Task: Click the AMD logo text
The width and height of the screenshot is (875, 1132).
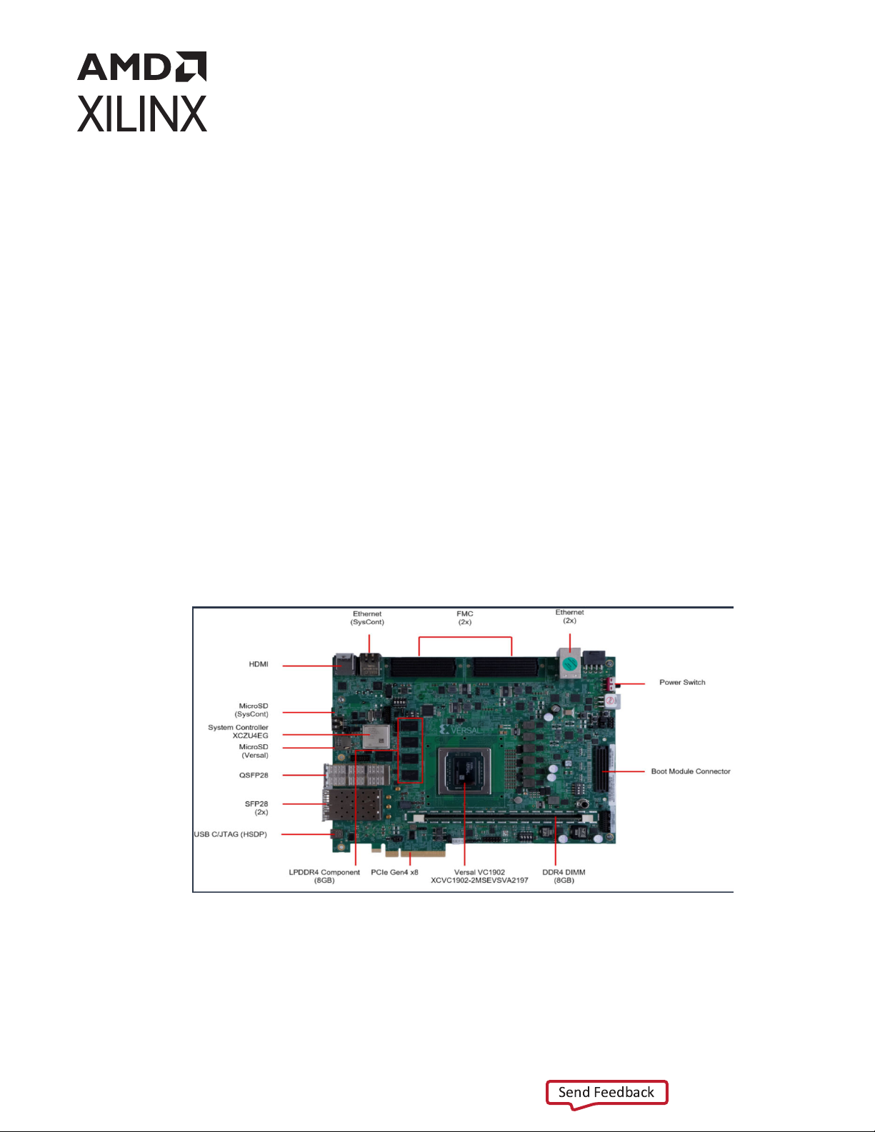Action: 141,66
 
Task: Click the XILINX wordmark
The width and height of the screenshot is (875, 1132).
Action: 141,114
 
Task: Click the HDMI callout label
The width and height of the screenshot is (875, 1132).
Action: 259,664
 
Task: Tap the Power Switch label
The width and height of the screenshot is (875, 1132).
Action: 682,683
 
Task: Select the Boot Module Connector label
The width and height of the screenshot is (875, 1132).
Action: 691,771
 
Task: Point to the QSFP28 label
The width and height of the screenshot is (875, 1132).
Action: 254,775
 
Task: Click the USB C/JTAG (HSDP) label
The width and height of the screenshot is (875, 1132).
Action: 230,834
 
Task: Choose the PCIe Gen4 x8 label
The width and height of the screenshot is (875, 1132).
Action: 394,872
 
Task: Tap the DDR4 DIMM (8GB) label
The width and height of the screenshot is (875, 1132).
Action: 564,876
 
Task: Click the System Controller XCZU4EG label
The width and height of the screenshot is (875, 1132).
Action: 238,731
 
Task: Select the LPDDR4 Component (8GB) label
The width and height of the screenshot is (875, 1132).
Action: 324,876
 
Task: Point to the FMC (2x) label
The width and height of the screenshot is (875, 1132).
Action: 464,618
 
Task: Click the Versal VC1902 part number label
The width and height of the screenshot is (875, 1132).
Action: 479,876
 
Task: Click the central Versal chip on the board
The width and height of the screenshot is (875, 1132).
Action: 464,771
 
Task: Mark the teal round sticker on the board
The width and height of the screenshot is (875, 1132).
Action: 570,664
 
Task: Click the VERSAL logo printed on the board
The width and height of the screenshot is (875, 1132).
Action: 461,730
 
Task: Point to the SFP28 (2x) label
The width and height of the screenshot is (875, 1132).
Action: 256,808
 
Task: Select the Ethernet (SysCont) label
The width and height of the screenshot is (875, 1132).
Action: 367,618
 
